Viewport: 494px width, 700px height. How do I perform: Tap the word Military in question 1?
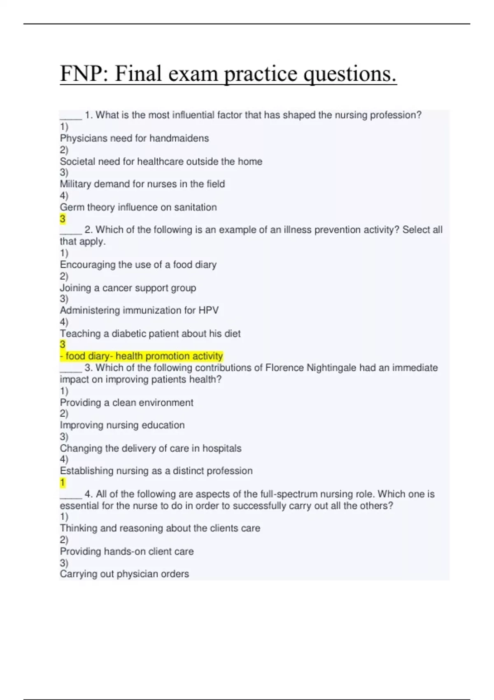point(76,184)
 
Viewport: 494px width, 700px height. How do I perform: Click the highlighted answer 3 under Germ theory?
point(63,219)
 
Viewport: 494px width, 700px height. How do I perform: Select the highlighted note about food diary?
point(142,356)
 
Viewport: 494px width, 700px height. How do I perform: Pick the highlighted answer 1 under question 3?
point(63,483)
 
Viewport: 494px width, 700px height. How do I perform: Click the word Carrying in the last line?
point(77,574)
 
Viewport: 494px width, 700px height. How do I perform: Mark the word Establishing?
point(86,471)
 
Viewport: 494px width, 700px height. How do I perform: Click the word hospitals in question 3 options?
point(222,448)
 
